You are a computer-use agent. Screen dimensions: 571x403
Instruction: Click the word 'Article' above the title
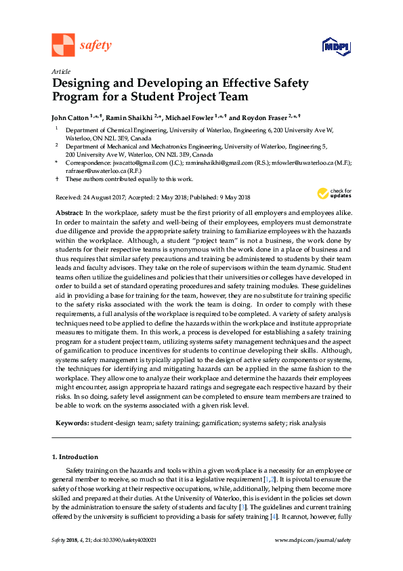pyautogui.click(x=61, y=71)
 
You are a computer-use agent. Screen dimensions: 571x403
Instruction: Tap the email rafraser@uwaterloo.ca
pyautogui.click(x=93, y=172)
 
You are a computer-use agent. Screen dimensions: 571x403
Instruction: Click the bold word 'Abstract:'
pyautogui.click(x=70, y=213)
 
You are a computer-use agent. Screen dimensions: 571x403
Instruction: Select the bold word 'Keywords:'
pyautogui.click(x=72, y=422)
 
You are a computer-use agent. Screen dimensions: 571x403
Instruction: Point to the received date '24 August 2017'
pyautogui.click(x=106, y=197)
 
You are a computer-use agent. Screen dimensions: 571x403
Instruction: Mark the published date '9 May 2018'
pyautogui.click(x=234, y=197)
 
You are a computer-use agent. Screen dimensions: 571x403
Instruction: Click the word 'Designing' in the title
pyautogui.click(x=85, y=84)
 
